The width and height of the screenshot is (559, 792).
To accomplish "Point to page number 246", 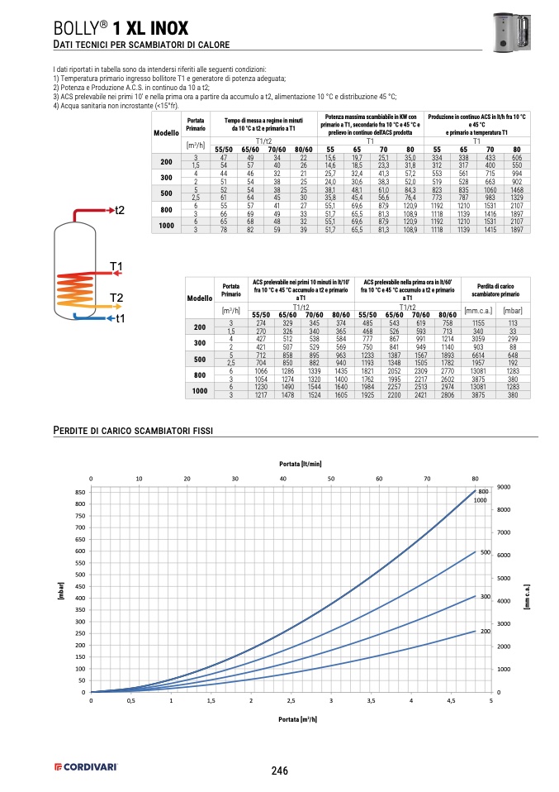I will [279, 771].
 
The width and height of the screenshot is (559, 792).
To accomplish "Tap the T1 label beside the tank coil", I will [116, 266].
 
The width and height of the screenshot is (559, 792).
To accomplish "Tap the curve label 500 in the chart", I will [486, 551].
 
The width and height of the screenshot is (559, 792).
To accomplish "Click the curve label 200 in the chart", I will [486, 631].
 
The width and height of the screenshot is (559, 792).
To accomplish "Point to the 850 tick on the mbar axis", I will [80, 492].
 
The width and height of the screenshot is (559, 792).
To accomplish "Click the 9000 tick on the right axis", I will [504, 487].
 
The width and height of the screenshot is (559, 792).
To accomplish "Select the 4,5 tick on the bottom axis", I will [451, 700].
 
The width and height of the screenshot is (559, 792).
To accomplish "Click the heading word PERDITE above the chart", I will [75, 431].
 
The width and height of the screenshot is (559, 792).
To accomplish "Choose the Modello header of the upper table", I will [166, 132].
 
